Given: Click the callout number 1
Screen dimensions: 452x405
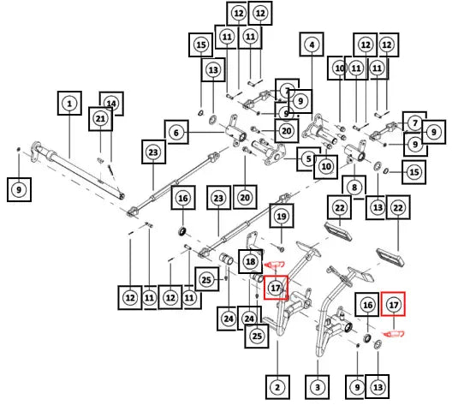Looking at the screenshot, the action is pos(69,104).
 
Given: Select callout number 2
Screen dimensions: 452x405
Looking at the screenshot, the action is pos(277,387).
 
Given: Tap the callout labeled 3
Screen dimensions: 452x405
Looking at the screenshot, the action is pos(318,387).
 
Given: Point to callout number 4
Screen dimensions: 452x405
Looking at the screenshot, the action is pos(312,45).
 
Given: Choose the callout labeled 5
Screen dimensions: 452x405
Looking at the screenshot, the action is pos(309,158).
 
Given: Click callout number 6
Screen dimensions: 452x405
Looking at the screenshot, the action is pos(176,133).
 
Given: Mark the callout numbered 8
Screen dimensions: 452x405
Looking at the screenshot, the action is pos(354,188).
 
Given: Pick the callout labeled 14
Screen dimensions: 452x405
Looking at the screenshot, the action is pos(111,104).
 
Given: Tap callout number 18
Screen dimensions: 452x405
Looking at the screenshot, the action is pos(251,261).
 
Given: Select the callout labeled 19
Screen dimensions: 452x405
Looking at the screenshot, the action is pos(282,216).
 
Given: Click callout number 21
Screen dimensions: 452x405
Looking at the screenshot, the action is pos(100,118).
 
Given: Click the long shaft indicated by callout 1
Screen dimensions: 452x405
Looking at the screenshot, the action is pos(78,170).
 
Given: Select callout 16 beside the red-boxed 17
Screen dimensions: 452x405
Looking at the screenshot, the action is pos(367,305).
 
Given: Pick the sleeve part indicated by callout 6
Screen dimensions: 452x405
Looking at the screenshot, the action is pos(235,132).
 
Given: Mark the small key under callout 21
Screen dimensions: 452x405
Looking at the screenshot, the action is pos(100,160).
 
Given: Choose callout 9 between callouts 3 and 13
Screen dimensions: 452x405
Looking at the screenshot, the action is pos(357,387).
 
